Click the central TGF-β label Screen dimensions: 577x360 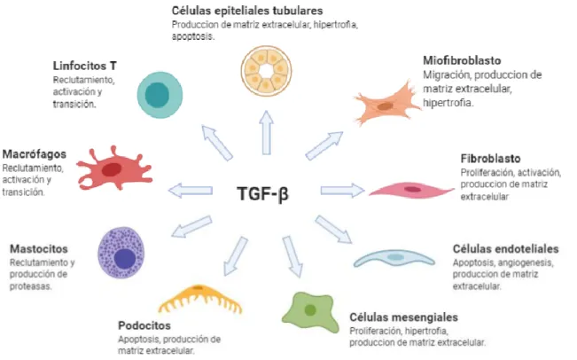[x=262, y=194]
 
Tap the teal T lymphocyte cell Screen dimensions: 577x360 [x=160, y=95]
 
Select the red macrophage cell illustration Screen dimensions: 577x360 [x=114, y=169]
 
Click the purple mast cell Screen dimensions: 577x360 [x=121, y=253]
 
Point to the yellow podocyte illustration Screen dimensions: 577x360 [x=200, y=297]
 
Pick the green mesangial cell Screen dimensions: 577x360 [x=310, y=311]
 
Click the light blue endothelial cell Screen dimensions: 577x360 [x=394, y=258]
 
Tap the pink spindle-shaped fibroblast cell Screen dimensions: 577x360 [x=411, y=190]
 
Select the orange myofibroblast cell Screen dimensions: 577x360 [x=387, y=104]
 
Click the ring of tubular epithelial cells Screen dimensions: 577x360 [x=266, y=71]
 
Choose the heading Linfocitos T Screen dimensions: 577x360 [x=85, y=66]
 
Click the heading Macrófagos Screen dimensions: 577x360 [x=35, y=154]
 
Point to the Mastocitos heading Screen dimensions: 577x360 [x=39, y=249]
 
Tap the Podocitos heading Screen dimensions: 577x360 [x=144, y=325]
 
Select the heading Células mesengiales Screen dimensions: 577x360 [x=403, y=317]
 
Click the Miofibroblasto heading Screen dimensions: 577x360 [x=462, y=60]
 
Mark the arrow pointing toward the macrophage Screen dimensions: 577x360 [x=191, y=191]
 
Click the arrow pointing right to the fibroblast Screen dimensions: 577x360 [x=343, y=190]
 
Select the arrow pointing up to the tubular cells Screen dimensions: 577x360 [x=266, y=132]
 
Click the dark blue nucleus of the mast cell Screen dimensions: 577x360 [x=125, y=258]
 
